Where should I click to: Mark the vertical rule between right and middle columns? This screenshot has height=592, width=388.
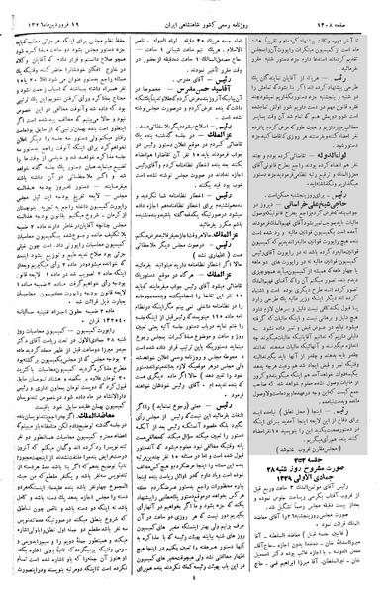click(x=261, y=296)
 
